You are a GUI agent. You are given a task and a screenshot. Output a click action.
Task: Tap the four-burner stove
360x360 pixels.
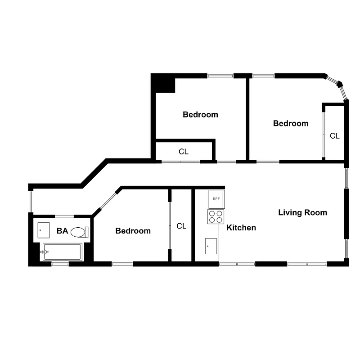(216, 217)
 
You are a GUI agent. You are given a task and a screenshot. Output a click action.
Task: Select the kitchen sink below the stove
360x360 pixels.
(211, 246)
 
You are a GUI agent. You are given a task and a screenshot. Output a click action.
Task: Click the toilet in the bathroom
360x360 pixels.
(79, 232)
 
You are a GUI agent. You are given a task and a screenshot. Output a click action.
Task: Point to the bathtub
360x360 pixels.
(62, 252)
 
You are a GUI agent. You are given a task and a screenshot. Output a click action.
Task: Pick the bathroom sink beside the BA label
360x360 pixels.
(44, 230)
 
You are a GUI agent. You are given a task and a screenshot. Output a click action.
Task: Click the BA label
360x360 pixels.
(62, 231)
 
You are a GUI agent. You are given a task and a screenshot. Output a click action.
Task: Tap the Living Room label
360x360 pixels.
(302, 212)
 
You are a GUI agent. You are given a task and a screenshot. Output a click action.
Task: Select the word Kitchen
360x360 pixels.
(241, 228)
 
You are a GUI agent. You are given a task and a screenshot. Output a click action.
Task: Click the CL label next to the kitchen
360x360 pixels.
(181, 226)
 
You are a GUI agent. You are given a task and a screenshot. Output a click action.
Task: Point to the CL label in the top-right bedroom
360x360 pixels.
(335, 135)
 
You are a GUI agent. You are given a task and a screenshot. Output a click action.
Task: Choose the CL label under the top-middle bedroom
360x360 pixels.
(184, 152)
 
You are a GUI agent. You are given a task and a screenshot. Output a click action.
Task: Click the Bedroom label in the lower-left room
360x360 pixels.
(133, 231)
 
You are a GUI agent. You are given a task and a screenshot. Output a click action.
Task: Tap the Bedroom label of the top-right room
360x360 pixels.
(291, 123)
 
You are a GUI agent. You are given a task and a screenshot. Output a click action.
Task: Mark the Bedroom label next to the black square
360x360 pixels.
(200, 115)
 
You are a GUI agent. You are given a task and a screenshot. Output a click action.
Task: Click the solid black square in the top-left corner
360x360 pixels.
(162, 83)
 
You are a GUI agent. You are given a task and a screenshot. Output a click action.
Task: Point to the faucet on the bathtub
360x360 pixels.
(45, 252)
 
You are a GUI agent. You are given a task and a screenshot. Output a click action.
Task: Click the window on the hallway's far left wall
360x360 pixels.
(31, 201)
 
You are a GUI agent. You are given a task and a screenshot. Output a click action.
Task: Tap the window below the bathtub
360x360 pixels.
(59, 264)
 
